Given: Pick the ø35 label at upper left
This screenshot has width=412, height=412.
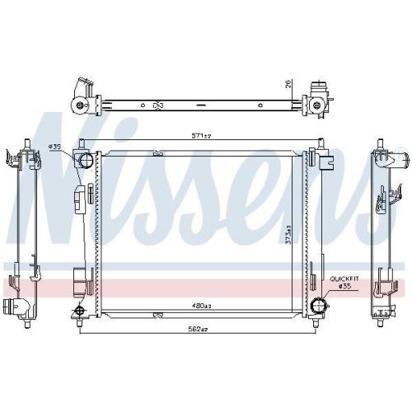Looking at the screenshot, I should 56,147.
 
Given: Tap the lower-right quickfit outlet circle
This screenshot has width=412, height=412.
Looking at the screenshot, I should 318,307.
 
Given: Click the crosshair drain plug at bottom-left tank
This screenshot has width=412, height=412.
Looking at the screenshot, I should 79,310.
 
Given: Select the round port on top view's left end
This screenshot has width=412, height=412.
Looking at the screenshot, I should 79,105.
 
